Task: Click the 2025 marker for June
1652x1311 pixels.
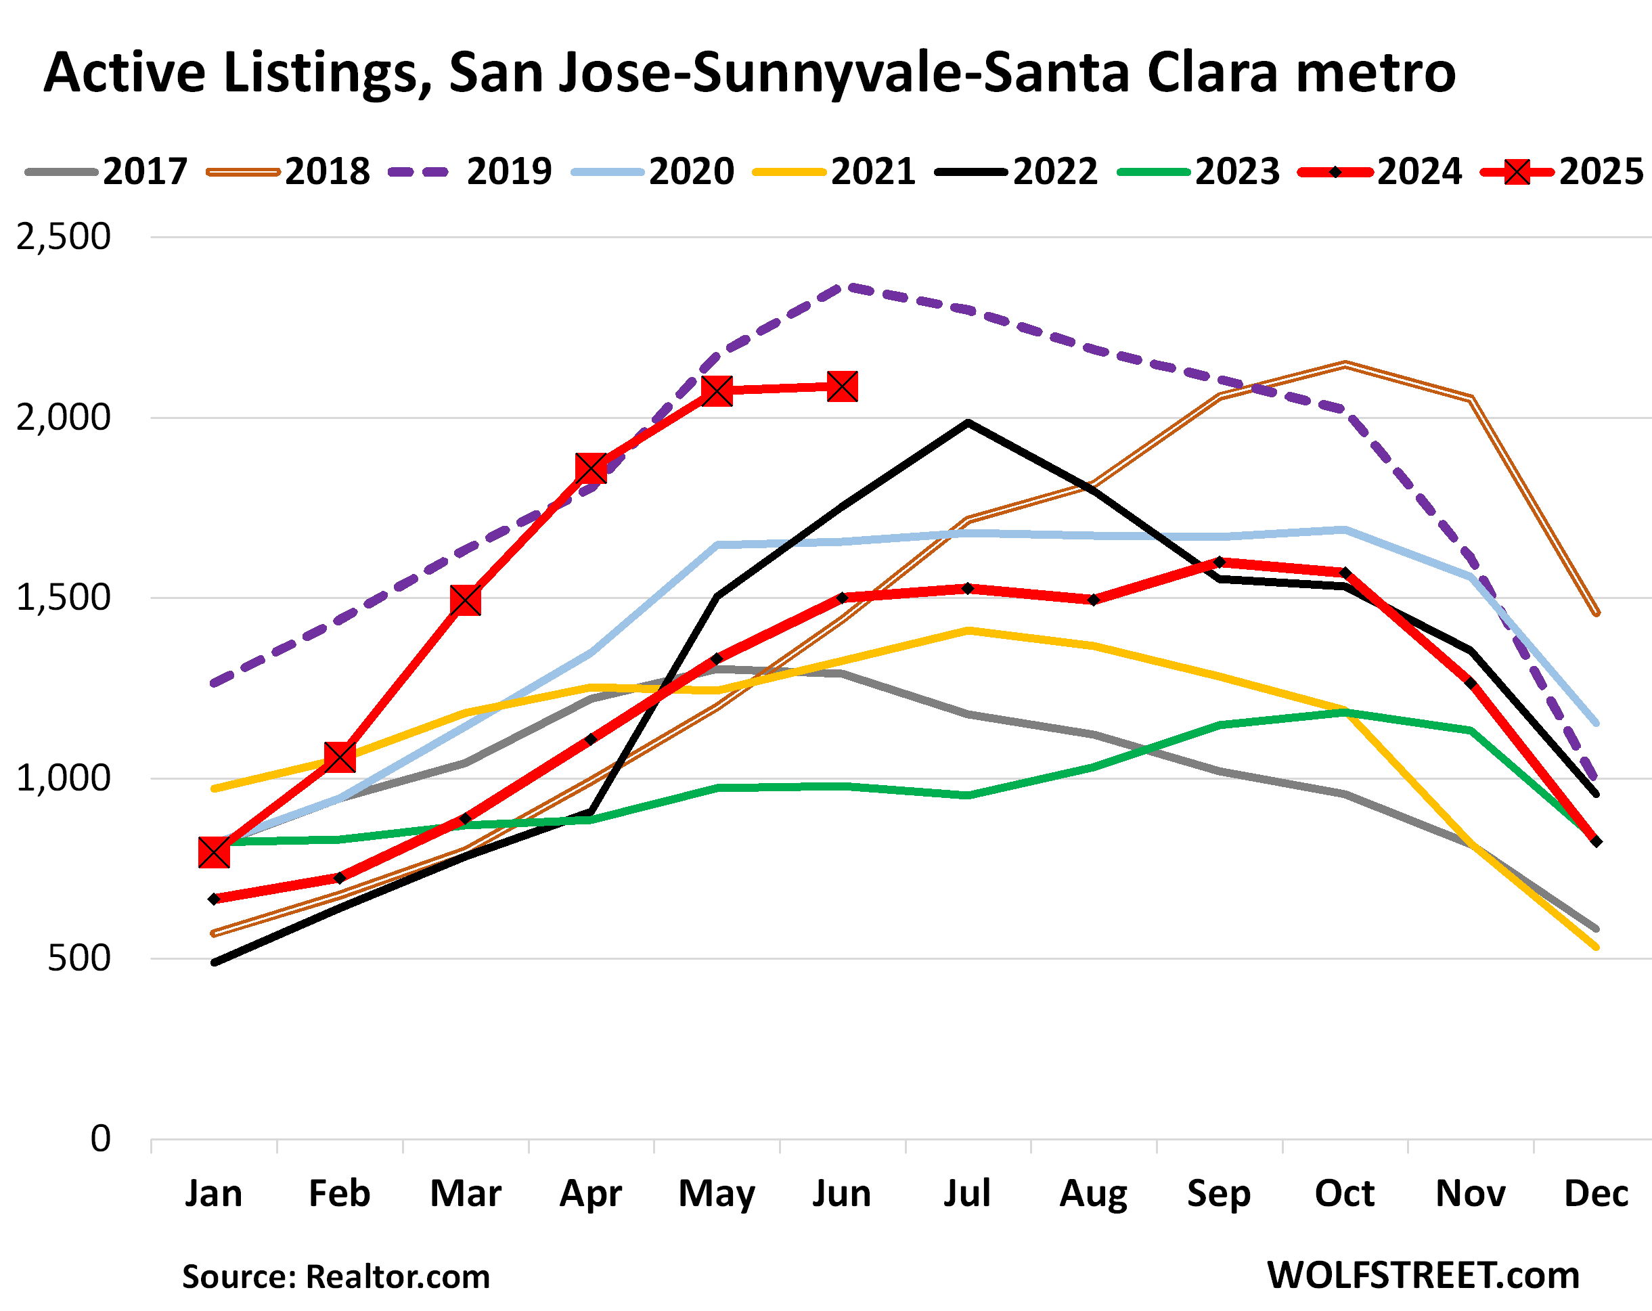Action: [x=842, y=387]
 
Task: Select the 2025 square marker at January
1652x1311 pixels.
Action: [x=214, y=852]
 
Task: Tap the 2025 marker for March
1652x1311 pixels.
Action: [x=465, y=601]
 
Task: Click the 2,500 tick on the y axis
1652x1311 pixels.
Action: [x=64, y=237]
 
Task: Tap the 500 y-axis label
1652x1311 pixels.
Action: [x=79, y=958]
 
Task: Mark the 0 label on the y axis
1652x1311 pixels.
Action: [x=100, y=1138]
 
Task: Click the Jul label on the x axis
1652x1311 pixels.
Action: [x=967, y=1193]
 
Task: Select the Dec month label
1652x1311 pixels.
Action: [x=1596, y=1193]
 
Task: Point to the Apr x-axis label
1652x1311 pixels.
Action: [x=591, y=1193]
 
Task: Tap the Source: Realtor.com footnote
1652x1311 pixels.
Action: [x=336, y=1276]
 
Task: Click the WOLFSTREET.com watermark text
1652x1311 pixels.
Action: [x=1423, y=1275]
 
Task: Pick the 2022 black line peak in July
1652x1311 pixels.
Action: [x=968, y=422]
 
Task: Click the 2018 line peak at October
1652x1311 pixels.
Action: [x=1345, y=364]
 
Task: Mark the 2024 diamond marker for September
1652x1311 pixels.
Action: [x=1220, y=562]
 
